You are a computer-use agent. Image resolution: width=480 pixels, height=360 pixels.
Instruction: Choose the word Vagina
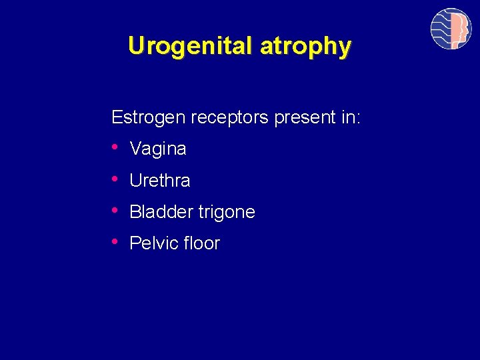(158, 149)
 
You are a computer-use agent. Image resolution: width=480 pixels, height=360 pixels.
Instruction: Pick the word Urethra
(160, 180)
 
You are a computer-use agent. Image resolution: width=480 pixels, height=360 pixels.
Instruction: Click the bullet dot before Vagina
(116, 147)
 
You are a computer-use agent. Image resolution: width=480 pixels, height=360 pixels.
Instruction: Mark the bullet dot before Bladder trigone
(116, 210)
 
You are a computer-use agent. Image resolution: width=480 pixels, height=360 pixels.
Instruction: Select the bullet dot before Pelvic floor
(116, 241)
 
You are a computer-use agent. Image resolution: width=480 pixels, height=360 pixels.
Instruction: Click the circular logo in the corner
(451, 29)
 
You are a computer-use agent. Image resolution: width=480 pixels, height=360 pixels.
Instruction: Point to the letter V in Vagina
(135, 149)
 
